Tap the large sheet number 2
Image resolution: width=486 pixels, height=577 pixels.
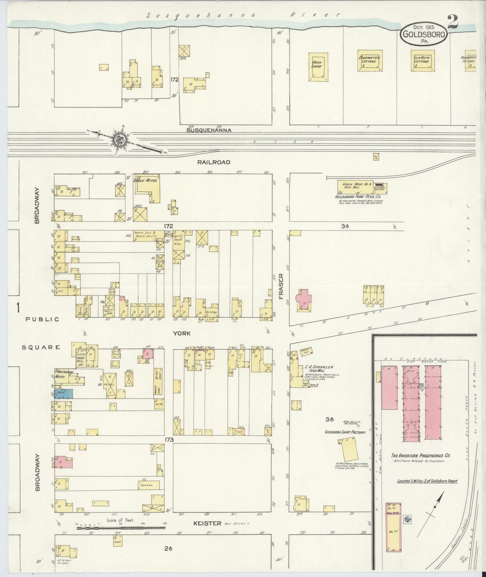(452, 23)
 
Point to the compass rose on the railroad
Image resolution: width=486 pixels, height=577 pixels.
(120, 140)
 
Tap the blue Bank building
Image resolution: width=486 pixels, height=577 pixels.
(64, 393)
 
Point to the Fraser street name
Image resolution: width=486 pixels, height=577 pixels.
(281, 286)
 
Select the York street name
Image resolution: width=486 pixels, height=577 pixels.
(182, 333)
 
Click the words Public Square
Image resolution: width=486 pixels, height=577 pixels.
(42, 333)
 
